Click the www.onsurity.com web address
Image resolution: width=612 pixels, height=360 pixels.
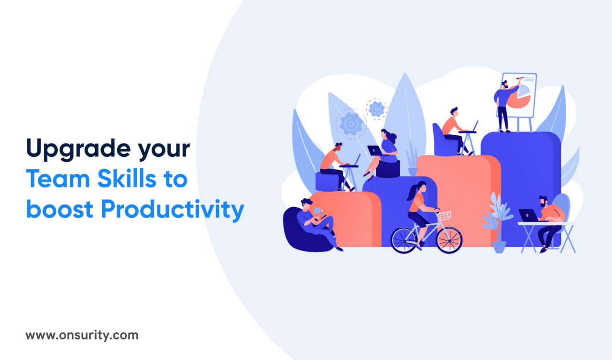click(82, 335)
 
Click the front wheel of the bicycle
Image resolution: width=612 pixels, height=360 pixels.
click(449, 240)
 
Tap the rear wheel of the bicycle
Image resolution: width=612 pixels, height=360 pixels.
click(404, 240)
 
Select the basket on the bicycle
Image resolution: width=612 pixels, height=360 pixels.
click(444, 216)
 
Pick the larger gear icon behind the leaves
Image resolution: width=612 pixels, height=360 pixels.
click(351, 124)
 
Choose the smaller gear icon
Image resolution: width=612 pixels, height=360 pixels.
click(377, 109)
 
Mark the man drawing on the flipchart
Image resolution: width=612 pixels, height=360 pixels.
click(503, 103)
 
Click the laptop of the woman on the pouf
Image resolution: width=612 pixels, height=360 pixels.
click(375, 151)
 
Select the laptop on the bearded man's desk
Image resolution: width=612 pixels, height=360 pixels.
click(528, 216)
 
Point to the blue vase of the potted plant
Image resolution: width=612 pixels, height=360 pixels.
click(499, 246)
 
